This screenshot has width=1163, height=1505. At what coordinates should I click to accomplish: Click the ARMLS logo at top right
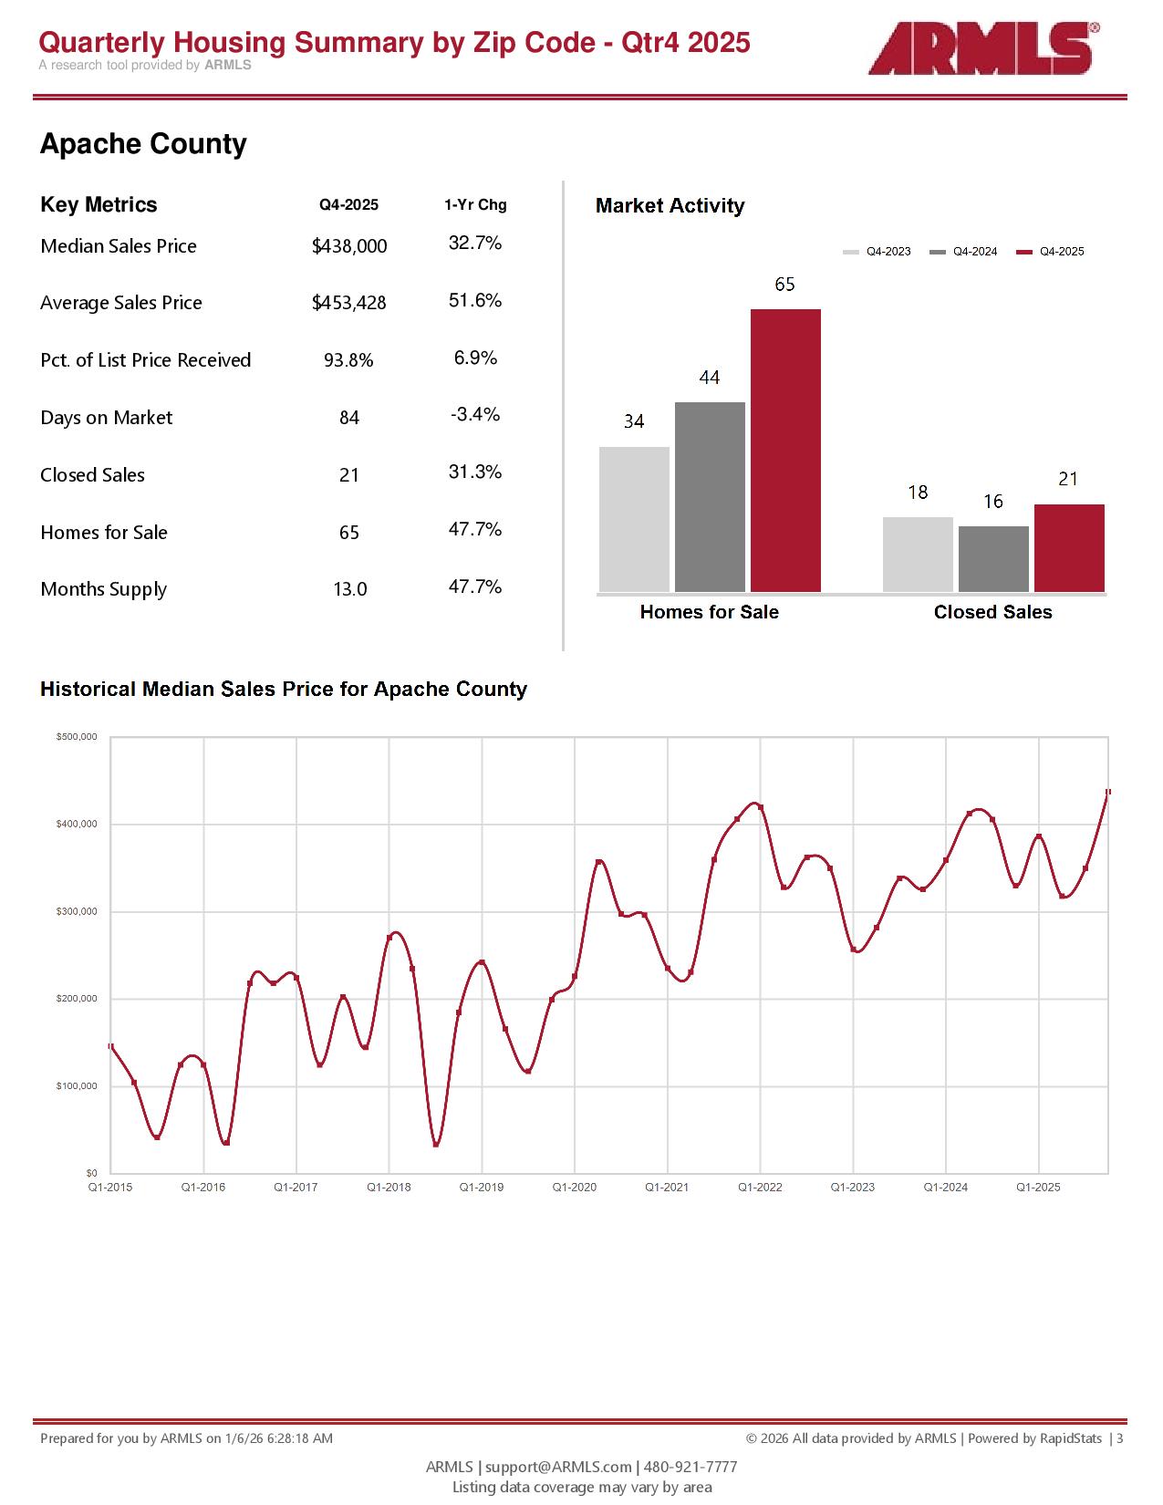tap(981, 48)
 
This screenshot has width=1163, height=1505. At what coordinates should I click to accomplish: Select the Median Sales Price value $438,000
tap(349, 246)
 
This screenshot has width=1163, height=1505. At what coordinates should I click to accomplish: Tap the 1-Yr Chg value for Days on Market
tap(475, 415)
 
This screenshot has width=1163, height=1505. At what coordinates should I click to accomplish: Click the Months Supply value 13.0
tap(349, 589)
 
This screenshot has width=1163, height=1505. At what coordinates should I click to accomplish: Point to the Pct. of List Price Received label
tap(145, 360)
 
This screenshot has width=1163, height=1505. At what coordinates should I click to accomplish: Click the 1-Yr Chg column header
tap(475, 205)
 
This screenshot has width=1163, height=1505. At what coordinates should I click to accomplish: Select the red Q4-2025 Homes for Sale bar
tap(785, 451)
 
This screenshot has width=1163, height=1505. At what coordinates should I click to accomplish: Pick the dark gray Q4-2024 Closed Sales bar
tap(993, 559)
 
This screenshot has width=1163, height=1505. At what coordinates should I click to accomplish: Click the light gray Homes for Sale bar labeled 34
tap(634, 519)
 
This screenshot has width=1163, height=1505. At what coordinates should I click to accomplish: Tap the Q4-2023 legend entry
tap(877, 252)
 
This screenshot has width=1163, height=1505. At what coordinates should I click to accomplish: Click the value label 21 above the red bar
tap(1068, 479)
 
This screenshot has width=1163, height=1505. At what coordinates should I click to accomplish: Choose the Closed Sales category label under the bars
tap(992, 612)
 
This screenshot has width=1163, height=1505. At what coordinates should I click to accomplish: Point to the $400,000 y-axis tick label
tap(77, 825)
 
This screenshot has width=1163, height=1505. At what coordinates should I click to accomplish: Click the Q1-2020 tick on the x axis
tap(575, 1187)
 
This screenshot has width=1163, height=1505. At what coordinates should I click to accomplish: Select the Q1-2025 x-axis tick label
tap(1038, 1187)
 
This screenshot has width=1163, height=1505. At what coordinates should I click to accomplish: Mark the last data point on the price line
tap(1108, 792)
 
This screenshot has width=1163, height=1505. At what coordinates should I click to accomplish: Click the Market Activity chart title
tap(670, 206)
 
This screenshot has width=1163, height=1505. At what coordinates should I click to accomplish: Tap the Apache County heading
tap(143, 144)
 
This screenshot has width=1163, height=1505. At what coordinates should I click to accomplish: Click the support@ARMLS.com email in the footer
tap(558, 1467)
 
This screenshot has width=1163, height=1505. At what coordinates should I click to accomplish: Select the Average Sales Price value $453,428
tap(349, 303)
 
